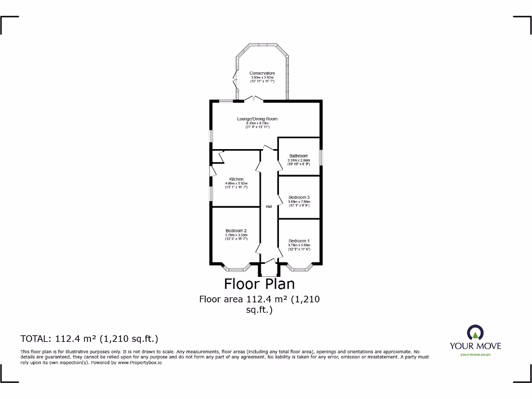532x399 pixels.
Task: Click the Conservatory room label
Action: pos(262,73)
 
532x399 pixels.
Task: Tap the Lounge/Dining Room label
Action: pos(257,119)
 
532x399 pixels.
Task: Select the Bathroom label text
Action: pos(299,156)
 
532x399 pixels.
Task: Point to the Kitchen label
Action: pos(236,179)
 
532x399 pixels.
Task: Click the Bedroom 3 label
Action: pos(299,197)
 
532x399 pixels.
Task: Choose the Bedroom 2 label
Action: pos(236,231)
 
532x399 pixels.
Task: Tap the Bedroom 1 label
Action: pos(299,241)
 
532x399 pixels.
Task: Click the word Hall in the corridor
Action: pos(269,207)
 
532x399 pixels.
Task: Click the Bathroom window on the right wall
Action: pos(321,157)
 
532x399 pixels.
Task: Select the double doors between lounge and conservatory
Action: pos(254,99)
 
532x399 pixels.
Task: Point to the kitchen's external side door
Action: pos(212,171)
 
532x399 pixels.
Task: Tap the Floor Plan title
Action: pos(259,284)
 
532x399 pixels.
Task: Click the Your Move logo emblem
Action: pos(475,332)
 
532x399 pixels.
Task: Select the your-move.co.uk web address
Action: pos(475,354)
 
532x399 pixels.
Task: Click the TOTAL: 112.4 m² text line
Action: pos(89,339)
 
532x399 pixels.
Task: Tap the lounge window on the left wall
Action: pos(211,135)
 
